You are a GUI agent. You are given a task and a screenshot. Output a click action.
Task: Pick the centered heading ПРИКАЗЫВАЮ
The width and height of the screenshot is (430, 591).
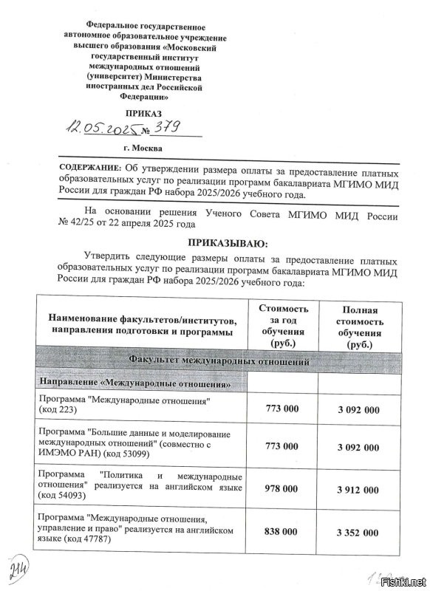(x=228, y=244)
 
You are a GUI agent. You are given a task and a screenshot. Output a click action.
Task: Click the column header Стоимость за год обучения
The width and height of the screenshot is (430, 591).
(x=283, y=326)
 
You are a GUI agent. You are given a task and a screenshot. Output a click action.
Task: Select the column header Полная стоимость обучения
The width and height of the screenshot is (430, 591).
(x=360, y=327)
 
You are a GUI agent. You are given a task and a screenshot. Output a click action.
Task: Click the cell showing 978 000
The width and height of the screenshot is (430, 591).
(x=283, y=489)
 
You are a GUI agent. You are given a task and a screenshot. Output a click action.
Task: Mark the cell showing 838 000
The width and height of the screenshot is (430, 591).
(x=283, y=532)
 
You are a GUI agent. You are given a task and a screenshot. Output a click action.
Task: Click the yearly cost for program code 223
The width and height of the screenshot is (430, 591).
(x=283, y=409)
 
